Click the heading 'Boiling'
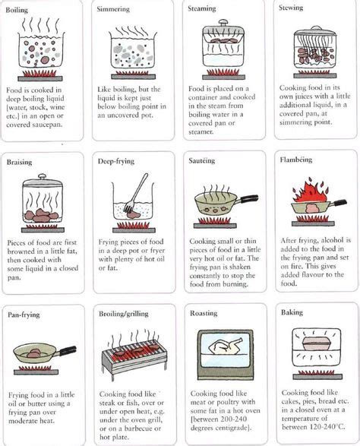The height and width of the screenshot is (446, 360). pyautogui.click(x=19, y=8)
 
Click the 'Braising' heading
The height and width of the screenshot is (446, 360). pyautogui.click(x=20, y=163)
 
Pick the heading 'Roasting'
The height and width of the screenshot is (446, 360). pyautogui.click(x=204, y=313)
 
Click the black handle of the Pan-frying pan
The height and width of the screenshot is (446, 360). pyautogui.click(x=66, y=350)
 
